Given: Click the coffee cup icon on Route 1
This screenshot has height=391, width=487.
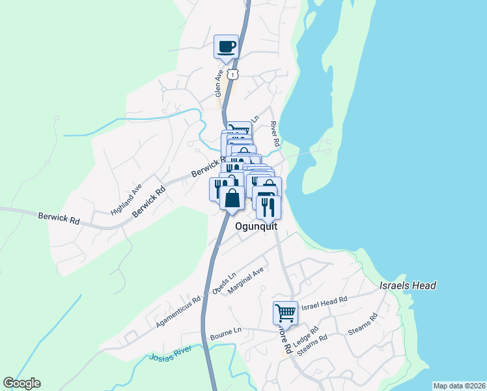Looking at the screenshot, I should tap(227, 47).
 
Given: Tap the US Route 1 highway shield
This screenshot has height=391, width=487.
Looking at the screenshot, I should tap(234, 74).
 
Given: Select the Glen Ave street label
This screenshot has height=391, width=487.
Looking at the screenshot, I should tap(219, 84).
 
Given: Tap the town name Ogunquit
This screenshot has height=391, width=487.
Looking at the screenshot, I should tap(256, 226).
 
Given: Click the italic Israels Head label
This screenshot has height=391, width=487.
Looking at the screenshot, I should tap(408, 285).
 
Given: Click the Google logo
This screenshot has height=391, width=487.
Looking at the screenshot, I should tap(21, 383).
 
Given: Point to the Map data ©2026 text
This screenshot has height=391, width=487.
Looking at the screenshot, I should tap(459, 385).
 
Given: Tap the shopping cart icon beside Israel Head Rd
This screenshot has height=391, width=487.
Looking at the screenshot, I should tap(285, 313).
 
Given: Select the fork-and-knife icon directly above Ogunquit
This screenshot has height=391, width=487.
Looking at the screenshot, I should tap(268, 207).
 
